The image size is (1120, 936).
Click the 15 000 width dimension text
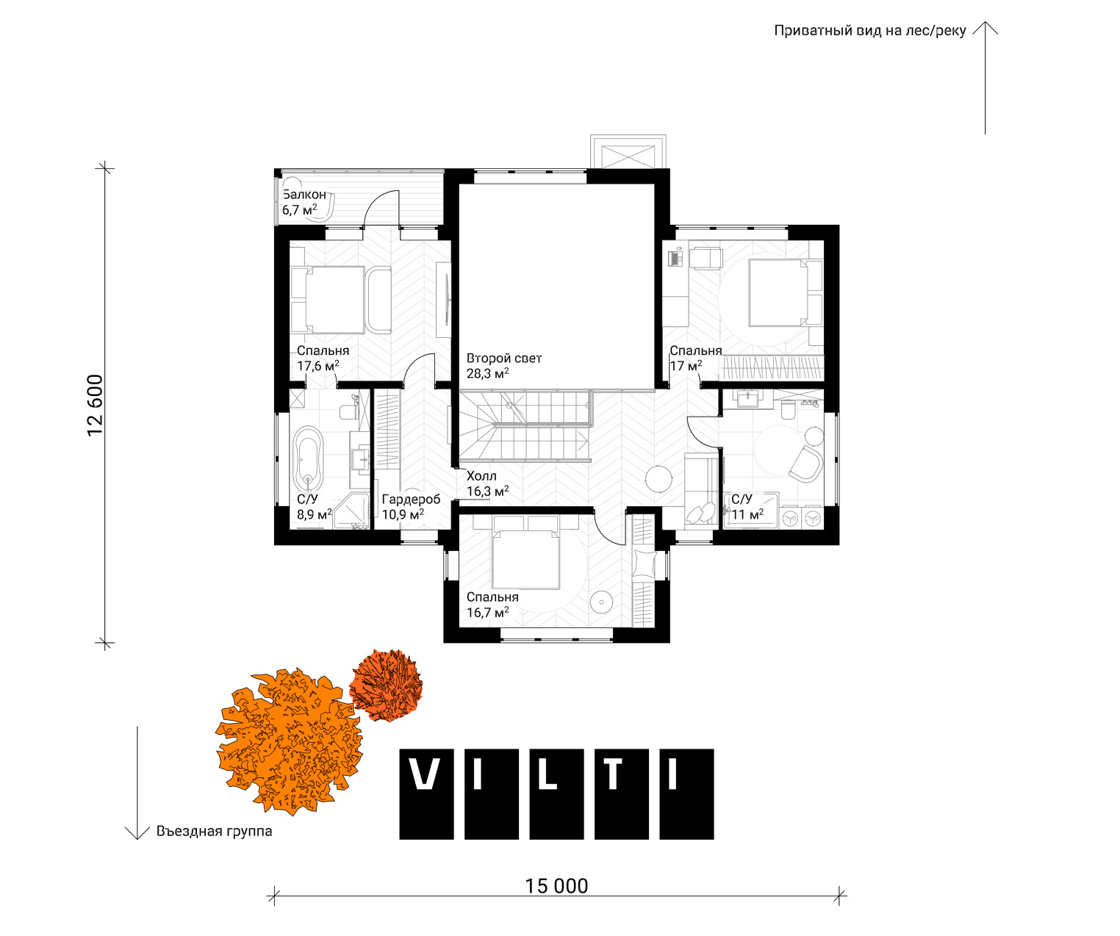pyautogui.click(x=556, y=885)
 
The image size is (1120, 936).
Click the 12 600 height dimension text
pyautogui.click(x=95, y=406)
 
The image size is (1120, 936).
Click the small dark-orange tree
pyautogui.click(x=386, y=685)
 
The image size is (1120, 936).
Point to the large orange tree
pyautogui.click(x=289, y=741)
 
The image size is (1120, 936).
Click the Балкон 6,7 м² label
pyautogui.click(x=304, y=202)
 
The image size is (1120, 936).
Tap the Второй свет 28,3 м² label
pyautogui.click(x=503, y=365)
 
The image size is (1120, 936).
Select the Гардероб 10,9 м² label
pyautogui.click(x=411, y=506)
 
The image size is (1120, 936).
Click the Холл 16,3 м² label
pyautogui.click(x=487, y=483)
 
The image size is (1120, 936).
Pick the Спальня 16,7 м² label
pyautogui.click(x=492, y=605)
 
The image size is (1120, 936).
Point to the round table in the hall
pyautogui.click(x=658, y=478)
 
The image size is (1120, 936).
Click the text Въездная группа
pyautogui.click(x=214, y=831)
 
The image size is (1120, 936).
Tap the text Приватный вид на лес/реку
pyautogui.click(x=869, y=31)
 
